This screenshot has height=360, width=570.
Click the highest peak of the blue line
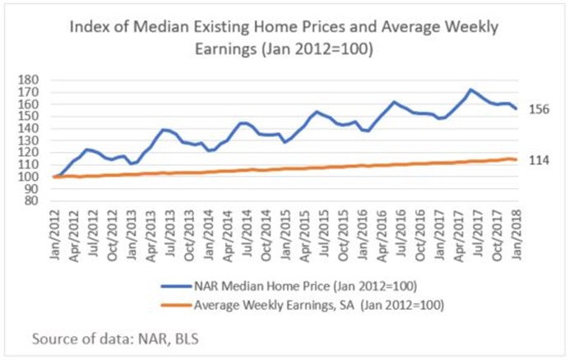(x=470, y=90)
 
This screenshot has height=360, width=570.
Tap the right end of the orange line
(x=516, y=159)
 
